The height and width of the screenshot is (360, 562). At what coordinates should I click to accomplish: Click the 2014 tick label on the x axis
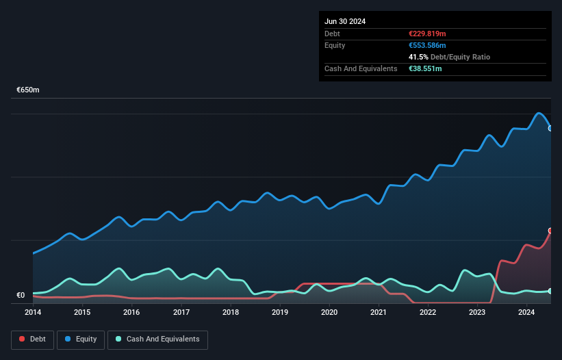coord(33,313)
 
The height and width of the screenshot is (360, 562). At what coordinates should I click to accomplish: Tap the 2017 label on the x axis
coord(181,313)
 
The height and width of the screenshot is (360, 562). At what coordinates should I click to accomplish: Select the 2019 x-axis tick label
coord(280,313)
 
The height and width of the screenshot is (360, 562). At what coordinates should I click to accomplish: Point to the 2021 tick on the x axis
coord(379,313)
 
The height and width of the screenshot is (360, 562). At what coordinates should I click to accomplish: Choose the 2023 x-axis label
coord(477,313)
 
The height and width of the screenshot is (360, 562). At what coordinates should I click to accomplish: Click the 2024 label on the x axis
coord(526,313)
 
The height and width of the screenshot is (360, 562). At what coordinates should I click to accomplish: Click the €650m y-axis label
coord(28,90)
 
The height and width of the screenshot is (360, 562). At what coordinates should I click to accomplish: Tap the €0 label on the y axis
coord(21,296)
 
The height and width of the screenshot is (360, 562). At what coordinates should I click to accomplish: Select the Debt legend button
coord(32,339)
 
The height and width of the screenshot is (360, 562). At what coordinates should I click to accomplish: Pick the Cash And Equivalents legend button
coord(157,339)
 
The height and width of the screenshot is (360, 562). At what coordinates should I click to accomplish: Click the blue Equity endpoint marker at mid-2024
coord(550,128)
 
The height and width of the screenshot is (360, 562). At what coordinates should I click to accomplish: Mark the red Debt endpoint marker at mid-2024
coord(550,231)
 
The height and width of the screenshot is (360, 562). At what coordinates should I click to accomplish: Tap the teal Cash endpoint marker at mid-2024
coord(550,292)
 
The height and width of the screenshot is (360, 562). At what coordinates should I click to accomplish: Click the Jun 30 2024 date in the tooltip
coord(345,21)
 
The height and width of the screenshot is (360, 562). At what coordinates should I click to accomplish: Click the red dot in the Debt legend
coord(23,339)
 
